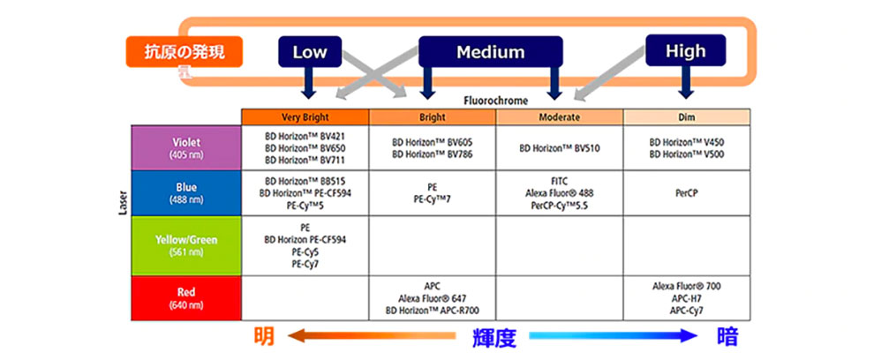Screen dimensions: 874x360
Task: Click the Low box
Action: (x=309, y=52)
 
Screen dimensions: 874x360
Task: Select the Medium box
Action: (x=491, y=52)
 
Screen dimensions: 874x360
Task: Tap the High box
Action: (x=686, y=50)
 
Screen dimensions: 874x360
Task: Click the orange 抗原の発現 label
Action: (x=185, y=52)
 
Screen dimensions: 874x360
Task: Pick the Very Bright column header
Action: (x=305, y=117)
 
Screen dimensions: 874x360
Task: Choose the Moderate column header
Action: (x=560, y=117)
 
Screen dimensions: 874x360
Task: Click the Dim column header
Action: (x=687, y=117)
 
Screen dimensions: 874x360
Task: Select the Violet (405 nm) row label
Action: (x=186, y=147)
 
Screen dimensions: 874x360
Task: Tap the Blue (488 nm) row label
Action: (x=186, y=193)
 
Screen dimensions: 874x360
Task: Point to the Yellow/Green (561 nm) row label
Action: (x=186, y=246)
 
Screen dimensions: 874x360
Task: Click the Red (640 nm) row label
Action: (x=186, y=298)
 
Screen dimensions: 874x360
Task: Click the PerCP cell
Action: (x=687, y=193)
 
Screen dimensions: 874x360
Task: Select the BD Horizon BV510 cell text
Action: (x=560, y=148)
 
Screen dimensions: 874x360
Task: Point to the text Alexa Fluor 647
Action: (x=432, y=298)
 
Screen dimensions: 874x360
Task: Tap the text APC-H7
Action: (x=687, y=298)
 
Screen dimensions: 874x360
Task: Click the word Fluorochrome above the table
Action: (x=495, y=101)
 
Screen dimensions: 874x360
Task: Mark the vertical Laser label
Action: (x=124, y=204)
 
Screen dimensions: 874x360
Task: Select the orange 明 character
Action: (x=264, y=336)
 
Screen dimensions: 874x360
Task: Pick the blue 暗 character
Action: (x=728, y=336)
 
